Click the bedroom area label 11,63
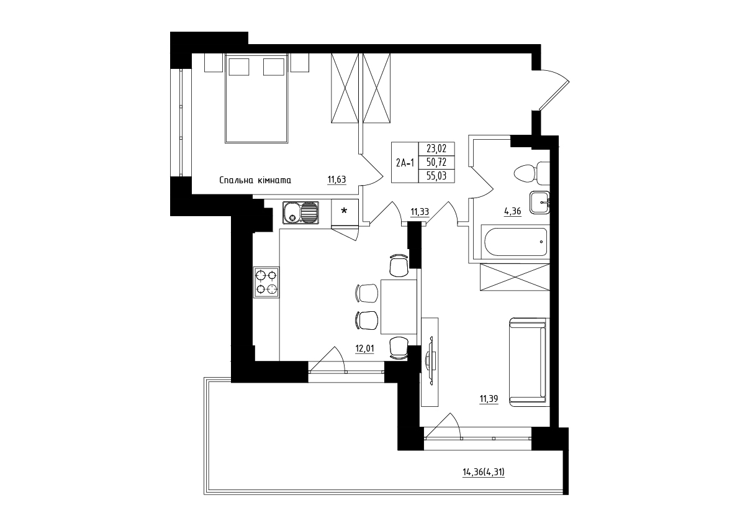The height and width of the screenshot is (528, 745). pos(336,180)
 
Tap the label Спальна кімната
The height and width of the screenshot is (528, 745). pos(255,180)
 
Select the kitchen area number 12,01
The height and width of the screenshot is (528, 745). pos(364,348)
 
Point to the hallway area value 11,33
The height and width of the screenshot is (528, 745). pos(420,212)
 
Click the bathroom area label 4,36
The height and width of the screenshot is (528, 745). pos(513,212)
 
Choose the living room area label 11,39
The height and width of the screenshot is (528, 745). pos(489,399)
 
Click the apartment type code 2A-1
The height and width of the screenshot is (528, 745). pos(405,163)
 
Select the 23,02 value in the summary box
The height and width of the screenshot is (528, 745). pos(436,148)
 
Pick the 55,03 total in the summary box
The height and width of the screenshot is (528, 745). pos(436,176)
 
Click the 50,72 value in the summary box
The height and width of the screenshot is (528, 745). pos(436,162)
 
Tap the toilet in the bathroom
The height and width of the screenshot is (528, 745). pos(531,173)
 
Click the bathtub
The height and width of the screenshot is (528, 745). pos(516,242)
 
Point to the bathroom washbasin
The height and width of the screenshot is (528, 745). pos(540,203)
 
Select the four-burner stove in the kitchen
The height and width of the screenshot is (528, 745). pos(266,282)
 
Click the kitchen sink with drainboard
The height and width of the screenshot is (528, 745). pos(300,212)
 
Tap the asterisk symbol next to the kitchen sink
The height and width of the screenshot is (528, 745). pos(344,211)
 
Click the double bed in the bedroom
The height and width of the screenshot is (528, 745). pos(256,99)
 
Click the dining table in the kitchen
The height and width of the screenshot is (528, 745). pos(399,306)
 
